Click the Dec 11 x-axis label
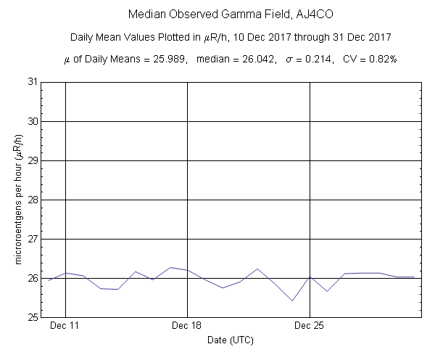[65, 327]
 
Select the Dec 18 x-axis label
[188, 327]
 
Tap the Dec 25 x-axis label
[310, 327]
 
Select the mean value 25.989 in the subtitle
[171, 59]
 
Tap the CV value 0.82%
[380, 59]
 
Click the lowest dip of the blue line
[292, 300]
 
